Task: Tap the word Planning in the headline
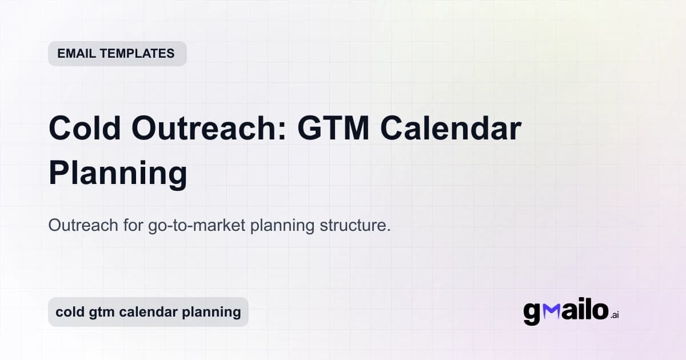point(118,173)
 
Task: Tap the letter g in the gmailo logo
point(532,313)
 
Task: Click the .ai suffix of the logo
point(615,315)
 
